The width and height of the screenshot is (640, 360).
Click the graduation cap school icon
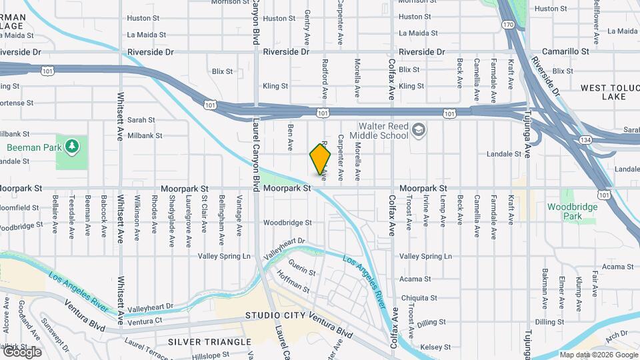click(x=419, y=129)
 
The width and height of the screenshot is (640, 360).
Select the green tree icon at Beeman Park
click(x=72, y=146)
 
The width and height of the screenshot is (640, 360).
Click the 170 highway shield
click(x=509, y=25)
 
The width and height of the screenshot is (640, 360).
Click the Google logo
click(x=21, y=352)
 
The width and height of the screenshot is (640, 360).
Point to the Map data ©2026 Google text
click(x=598, y=355)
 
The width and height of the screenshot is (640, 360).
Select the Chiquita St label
click(x=418, y=298)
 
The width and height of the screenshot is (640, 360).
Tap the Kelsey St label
click(x=417, y=347)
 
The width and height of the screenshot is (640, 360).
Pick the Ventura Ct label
click(x=145, y=322)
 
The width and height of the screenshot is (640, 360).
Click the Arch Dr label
click(x=617, y=334)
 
